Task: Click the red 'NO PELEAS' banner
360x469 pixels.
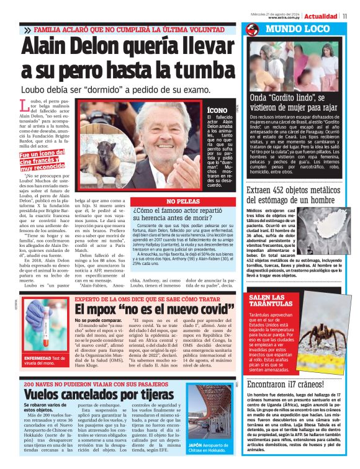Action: [184, 201]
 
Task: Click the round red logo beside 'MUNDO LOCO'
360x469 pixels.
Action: [252, 30]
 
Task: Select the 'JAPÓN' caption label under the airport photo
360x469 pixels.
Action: [197, 445]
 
